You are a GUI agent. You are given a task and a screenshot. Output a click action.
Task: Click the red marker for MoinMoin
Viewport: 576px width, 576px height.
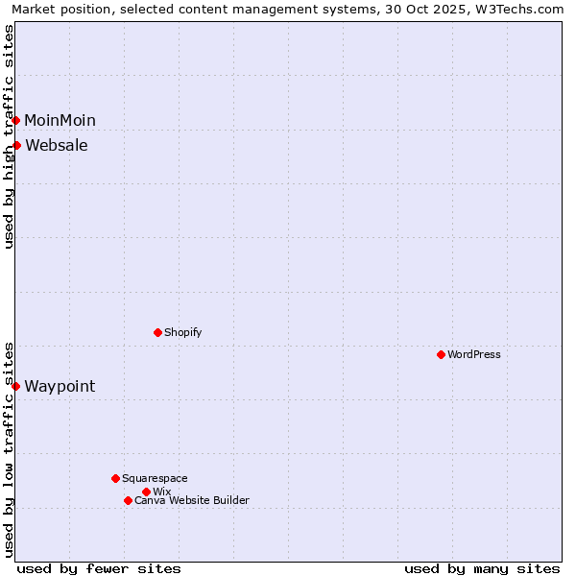point(16,120)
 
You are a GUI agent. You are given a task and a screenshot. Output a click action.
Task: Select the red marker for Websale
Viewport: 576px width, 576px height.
point(17,145)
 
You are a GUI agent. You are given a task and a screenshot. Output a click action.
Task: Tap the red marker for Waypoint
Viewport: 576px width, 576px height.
point(16,386)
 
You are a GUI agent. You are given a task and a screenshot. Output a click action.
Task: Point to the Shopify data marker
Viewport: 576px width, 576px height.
point(157,332)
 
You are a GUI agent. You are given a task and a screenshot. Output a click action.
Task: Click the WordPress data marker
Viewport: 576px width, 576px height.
point(441,354)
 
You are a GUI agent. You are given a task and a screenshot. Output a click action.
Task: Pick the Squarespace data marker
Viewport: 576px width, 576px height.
point(115,478)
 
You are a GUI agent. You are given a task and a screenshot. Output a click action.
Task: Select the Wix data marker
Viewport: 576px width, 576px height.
point(146,492)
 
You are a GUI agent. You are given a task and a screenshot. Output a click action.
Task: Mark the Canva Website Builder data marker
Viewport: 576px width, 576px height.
point(128,500)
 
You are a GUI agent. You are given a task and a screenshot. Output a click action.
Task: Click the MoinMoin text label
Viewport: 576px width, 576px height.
point(60,120)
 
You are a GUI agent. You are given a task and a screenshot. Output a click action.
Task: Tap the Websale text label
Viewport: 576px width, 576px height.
point(57,145)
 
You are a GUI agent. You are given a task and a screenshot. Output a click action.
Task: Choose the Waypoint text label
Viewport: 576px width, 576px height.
point(60,386)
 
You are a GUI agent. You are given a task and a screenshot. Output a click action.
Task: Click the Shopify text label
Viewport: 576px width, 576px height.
point(183,332)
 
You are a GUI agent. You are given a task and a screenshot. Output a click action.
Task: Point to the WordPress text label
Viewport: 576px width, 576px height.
point(474,354)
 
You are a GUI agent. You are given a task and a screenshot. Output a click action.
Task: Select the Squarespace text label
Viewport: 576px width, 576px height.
point(155,478)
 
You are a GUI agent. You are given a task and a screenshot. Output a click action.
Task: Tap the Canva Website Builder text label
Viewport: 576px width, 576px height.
point(192,500)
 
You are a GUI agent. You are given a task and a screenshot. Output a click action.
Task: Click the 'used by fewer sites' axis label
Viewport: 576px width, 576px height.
point(99,568)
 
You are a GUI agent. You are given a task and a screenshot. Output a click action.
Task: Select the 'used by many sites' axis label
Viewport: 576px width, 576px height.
point(482,568)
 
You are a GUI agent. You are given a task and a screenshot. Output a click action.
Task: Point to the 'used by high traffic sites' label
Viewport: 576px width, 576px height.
point(9,136)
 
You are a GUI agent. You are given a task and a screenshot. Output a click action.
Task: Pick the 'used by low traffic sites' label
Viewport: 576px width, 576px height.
point(9,449)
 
